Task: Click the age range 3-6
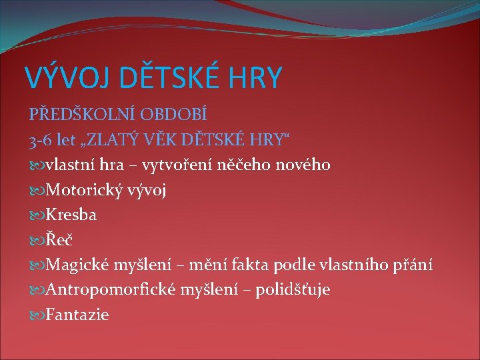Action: click(40, 139)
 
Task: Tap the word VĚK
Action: click(175, 139)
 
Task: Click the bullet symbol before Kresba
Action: click(36, 215)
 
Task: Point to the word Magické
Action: click(77, 265)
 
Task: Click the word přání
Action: click(413, 265)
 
